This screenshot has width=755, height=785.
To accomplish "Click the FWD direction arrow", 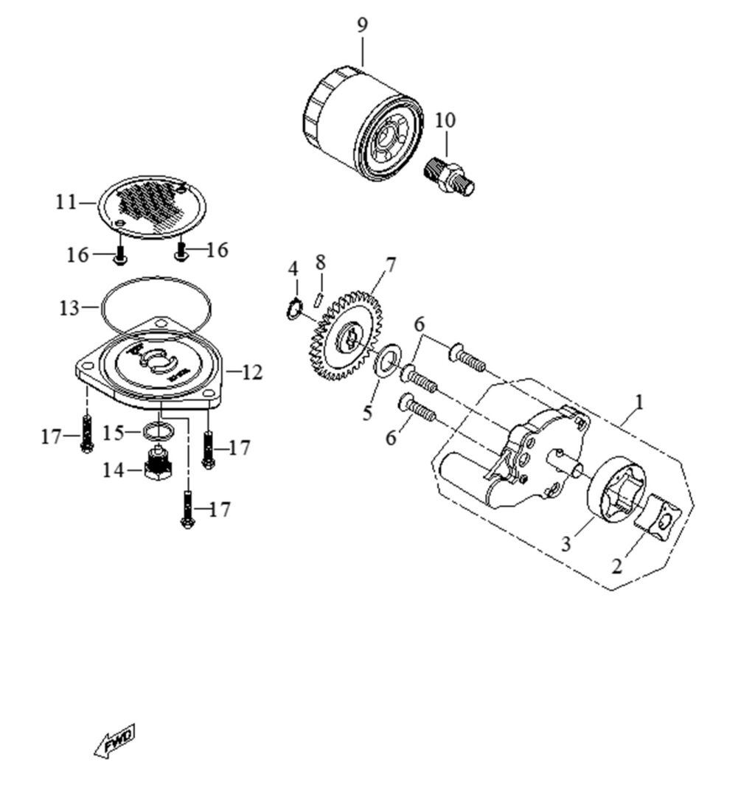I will click(115, 740).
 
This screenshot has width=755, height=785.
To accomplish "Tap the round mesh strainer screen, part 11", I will click(152, 206).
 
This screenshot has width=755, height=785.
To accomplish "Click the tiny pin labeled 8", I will click(318, 298).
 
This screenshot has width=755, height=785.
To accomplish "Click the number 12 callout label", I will click(251, 373).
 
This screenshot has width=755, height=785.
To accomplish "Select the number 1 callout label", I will click(639, 402).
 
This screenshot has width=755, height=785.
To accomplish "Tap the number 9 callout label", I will click(362, 25).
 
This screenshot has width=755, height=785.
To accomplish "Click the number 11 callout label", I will click(66, 201).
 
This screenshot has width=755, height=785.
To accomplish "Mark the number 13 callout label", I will click(69, 308).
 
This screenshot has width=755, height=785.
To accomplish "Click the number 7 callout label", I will click(390, 264).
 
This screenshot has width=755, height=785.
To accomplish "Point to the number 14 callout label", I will click(113, 470).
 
